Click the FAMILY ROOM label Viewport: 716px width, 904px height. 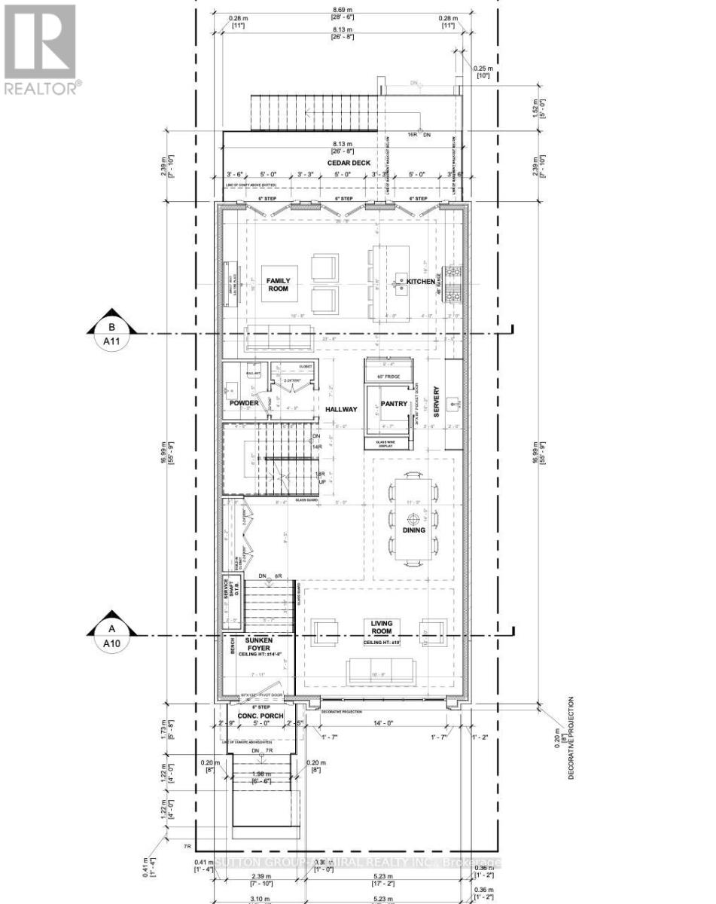(276, 285)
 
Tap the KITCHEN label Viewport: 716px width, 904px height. (422, 282)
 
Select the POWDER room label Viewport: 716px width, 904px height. (244, 403)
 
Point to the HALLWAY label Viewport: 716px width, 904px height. (340, 409)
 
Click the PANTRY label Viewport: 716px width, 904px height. (394, 404)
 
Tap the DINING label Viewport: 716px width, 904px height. (413, 530)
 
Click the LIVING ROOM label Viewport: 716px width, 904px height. (382, 628)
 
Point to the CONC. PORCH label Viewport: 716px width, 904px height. (259, 716)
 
